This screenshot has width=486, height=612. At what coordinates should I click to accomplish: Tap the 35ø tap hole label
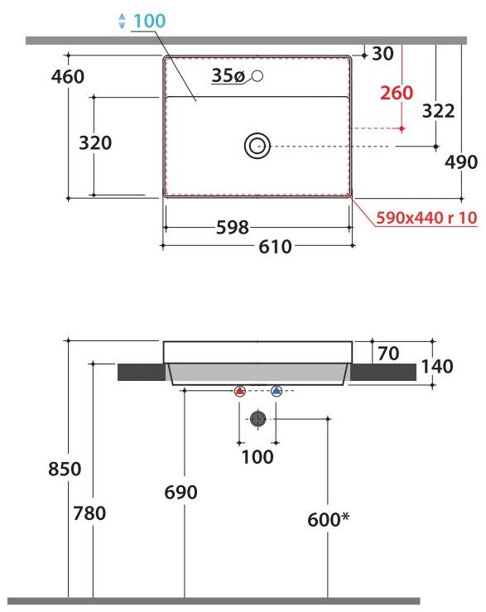[228, 76]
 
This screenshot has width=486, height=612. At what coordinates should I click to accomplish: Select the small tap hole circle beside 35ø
[257, 77]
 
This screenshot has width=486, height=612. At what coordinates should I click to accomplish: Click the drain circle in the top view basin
[257, 147]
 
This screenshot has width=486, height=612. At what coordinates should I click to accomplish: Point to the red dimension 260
[397, 93]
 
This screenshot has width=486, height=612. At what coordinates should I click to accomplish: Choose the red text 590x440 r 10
[426, 219]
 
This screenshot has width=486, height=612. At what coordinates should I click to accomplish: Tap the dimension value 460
[68, 77]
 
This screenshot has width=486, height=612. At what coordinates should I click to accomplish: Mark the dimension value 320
[95, 143]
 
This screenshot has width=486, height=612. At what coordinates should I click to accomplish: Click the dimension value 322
[438, 111]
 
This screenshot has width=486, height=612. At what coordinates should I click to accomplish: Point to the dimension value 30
[383, 55]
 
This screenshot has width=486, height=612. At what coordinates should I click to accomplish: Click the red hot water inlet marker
[239, 392]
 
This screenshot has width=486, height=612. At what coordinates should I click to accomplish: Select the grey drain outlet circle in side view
[257, 419]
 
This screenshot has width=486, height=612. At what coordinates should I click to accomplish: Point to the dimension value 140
[437, 366]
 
